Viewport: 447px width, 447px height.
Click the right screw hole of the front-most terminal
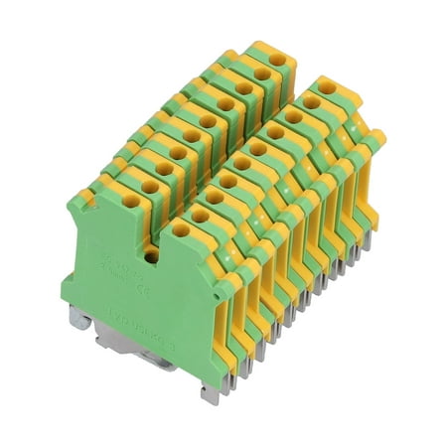pyautogui.click(x=179, y=230)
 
